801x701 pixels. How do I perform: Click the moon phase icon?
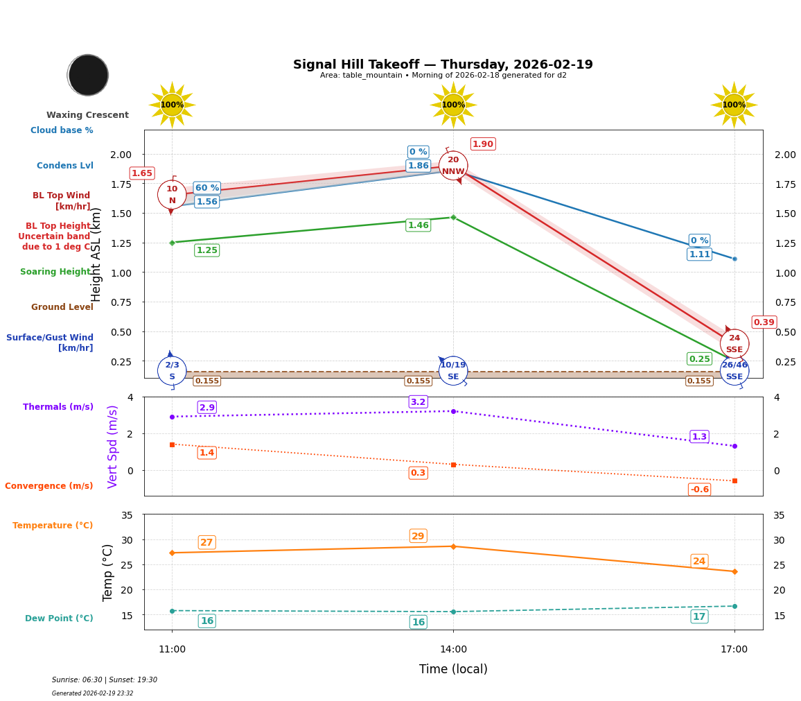[x=88, y=75]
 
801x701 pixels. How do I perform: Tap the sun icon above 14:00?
[x=453, y=105]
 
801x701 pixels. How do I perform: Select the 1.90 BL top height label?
[x=482, y=144]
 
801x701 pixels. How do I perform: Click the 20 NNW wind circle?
[x=453, y=166]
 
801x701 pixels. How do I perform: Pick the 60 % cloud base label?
[x=206, y=188]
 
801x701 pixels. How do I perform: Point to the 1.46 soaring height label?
[x=418, y=225]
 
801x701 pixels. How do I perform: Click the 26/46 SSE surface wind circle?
[x=734, y=371]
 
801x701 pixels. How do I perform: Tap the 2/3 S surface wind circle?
[x=172, y=371]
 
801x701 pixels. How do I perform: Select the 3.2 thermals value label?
[x=418, y=402]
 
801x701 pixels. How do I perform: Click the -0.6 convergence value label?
[x=699, y=490]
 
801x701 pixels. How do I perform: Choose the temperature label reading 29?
[x=418, y=536]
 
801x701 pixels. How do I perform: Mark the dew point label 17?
[x=699, y=616]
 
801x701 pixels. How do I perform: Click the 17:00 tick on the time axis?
[x=734, y=650]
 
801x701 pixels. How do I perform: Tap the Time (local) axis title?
[x=453, y=669]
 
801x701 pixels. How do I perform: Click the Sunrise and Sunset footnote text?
[x=105, y=680]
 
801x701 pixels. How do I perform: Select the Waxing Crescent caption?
[x=87, y=115]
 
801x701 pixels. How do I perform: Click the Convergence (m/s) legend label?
[x=49, y=486]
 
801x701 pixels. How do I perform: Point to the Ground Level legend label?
[x=62, y=307]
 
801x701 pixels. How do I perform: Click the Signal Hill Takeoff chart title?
[x=443, y=64]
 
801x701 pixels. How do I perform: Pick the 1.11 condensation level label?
[x=699, y=254]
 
